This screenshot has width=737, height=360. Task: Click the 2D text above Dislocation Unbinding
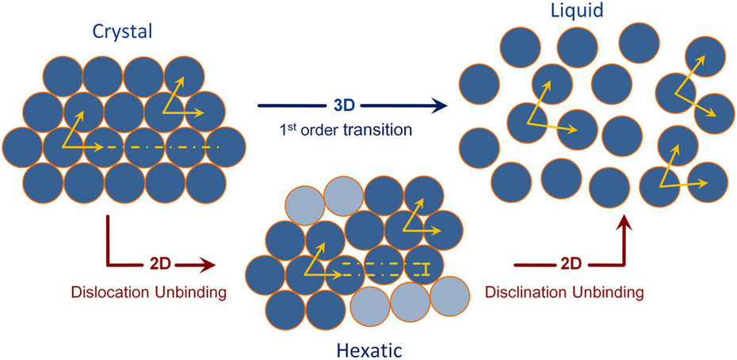pos(161,263)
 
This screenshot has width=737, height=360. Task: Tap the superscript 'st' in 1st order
pos(298,124)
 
